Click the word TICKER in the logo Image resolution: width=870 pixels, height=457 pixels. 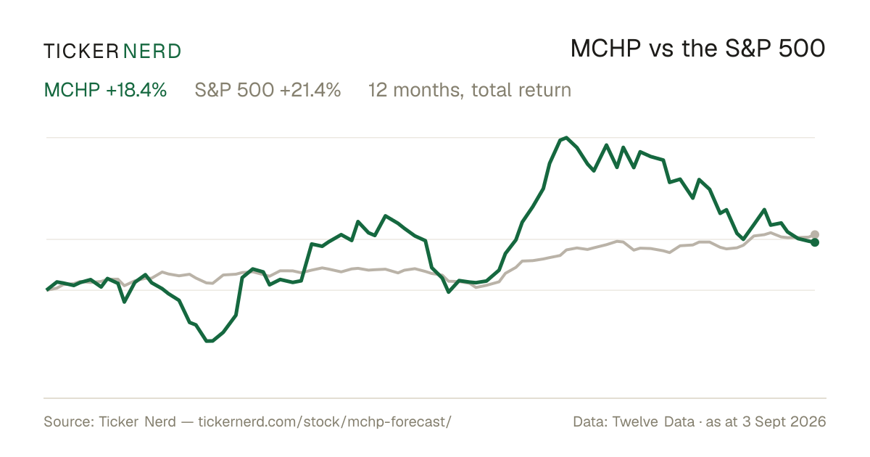point(81,52)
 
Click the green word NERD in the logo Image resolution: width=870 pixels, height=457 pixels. point(152,52)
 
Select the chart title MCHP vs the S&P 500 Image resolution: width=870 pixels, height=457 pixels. point(697,49)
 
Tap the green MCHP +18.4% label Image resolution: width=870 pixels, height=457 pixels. point(105,90)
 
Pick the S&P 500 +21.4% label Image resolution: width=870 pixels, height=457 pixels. point(268,90)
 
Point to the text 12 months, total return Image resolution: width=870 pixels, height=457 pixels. point(470,91)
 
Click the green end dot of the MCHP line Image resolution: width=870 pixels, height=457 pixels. point(814,242)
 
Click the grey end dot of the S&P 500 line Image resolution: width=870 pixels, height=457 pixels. point(814,235)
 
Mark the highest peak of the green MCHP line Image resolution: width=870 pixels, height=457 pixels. point(566,138)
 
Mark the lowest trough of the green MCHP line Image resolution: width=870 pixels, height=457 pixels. point(209,341)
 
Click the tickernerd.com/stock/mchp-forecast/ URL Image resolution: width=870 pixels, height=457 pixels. point(325,421)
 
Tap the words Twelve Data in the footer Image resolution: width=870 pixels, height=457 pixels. point(653,421)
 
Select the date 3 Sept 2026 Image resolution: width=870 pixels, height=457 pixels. point(784,421)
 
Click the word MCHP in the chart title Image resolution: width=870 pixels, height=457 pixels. point(605,49)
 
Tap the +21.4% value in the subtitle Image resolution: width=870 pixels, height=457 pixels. point(310,90)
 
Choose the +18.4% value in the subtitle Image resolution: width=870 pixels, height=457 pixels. point(136,90)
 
